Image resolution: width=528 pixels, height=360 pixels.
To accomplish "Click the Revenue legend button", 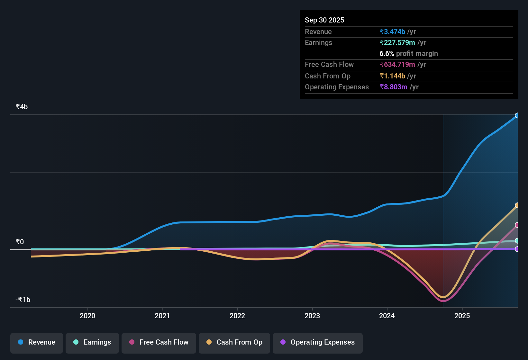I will pos(37,343).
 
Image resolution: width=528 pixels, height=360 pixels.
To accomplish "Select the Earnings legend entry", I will pos(92,343).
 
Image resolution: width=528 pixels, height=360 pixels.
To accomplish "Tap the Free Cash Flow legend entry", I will pos(159,343).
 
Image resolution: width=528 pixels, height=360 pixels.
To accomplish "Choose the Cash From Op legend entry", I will pos(234,343).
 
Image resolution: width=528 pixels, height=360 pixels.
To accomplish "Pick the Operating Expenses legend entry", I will pos(318,343).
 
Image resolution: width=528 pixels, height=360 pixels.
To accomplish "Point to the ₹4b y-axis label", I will pos(22,107).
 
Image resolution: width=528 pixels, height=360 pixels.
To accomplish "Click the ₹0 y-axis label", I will pos(20,242).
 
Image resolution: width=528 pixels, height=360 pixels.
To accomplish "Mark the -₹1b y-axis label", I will pos(23,300).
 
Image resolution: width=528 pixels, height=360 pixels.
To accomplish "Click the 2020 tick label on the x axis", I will pos(87,316).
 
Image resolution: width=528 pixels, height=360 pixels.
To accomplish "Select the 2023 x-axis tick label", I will pos(312,316).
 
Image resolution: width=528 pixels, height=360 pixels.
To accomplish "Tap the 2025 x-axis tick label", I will pos(462,316).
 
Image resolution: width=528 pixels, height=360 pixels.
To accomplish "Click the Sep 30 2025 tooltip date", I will pos(324,20).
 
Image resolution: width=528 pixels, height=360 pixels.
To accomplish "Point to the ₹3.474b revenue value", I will pos(392,32).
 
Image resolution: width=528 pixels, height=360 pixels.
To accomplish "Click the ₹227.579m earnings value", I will pos(397,43).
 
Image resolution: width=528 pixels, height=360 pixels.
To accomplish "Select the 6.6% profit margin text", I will pos(409,54).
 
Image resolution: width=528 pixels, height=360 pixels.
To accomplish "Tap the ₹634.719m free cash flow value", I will pos(397,65).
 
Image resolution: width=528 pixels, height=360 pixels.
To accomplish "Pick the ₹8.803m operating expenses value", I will pos(394,87).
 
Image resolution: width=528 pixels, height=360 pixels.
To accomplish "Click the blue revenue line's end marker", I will pos(517,116).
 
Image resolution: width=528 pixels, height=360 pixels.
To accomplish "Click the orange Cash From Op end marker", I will pos(517,205).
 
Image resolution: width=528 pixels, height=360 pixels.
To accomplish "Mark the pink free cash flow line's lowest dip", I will pos(443,301).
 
